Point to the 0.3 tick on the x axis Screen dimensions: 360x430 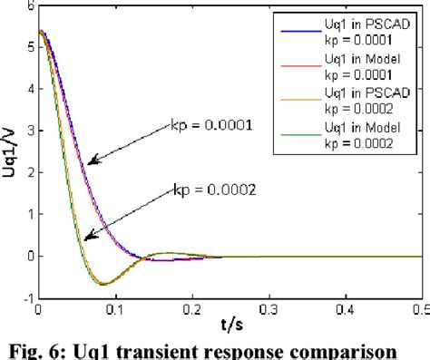[269, 308]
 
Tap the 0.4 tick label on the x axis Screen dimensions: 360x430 [346, 308]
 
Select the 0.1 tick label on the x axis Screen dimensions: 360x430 [113, 308]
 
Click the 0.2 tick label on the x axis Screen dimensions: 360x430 [191, 308]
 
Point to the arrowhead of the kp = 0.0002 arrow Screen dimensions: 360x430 [86, 238]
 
